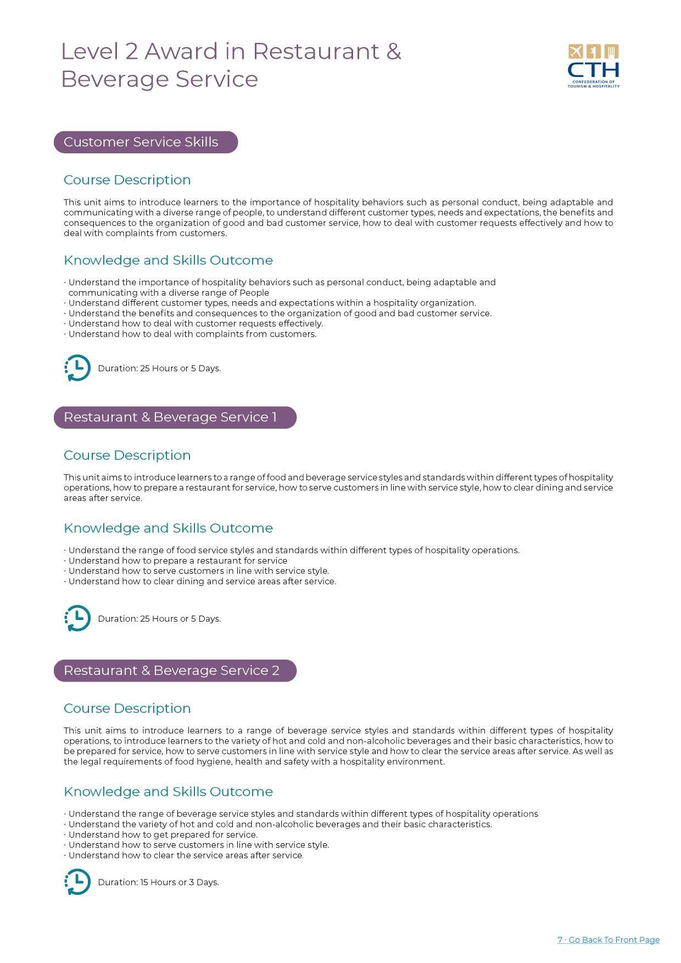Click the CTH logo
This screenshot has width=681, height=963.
click(593, 66)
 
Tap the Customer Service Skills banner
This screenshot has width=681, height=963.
click(146, 142)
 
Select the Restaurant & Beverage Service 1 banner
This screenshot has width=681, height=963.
click(175, 417)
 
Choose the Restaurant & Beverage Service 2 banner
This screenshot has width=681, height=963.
click(175, 671)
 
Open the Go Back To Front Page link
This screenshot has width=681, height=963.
click(609, 939)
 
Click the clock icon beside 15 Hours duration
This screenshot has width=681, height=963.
click(77, 882)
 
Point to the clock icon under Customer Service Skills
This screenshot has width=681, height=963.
click(77, 368)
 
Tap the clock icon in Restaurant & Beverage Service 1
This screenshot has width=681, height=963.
click(77, 618)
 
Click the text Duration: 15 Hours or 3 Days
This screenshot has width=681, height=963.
click(158, 882)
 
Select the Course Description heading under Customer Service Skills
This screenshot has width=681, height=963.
click(127, 180)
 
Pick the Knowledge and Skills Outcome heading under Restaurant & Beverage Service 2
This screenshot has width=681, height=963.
click(168, 792)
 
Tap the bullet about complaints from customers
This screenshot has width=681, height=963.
click(192, 334)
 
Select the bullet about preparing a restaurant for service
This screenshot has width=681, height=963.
click(177, 561)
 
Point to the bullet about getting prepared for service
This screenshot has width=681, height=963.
click(163, 834)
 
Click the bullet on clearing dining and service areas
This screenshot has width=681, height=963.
click(202, 581)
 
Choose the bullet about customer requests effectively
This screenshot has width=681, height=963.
click(196, 323)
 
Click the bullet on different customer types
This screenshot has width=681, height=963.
click(272, 303)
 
